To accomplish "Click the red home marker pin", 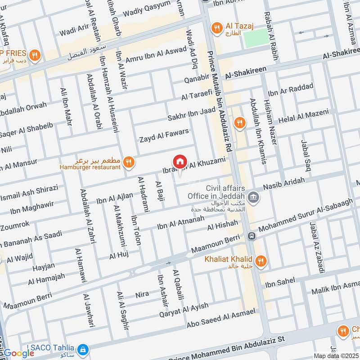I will tap(180, 162).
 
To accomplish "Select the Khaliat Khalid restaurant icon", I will tap(260, 261).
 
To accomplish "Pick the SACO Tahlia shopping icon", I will tap(82, 349).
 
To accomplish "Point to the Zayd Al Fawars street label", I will tap(163, 135).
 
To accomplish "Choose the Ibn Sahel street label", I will tap(280, 282).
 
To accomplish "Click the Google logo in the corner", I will tap(19, 353).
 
